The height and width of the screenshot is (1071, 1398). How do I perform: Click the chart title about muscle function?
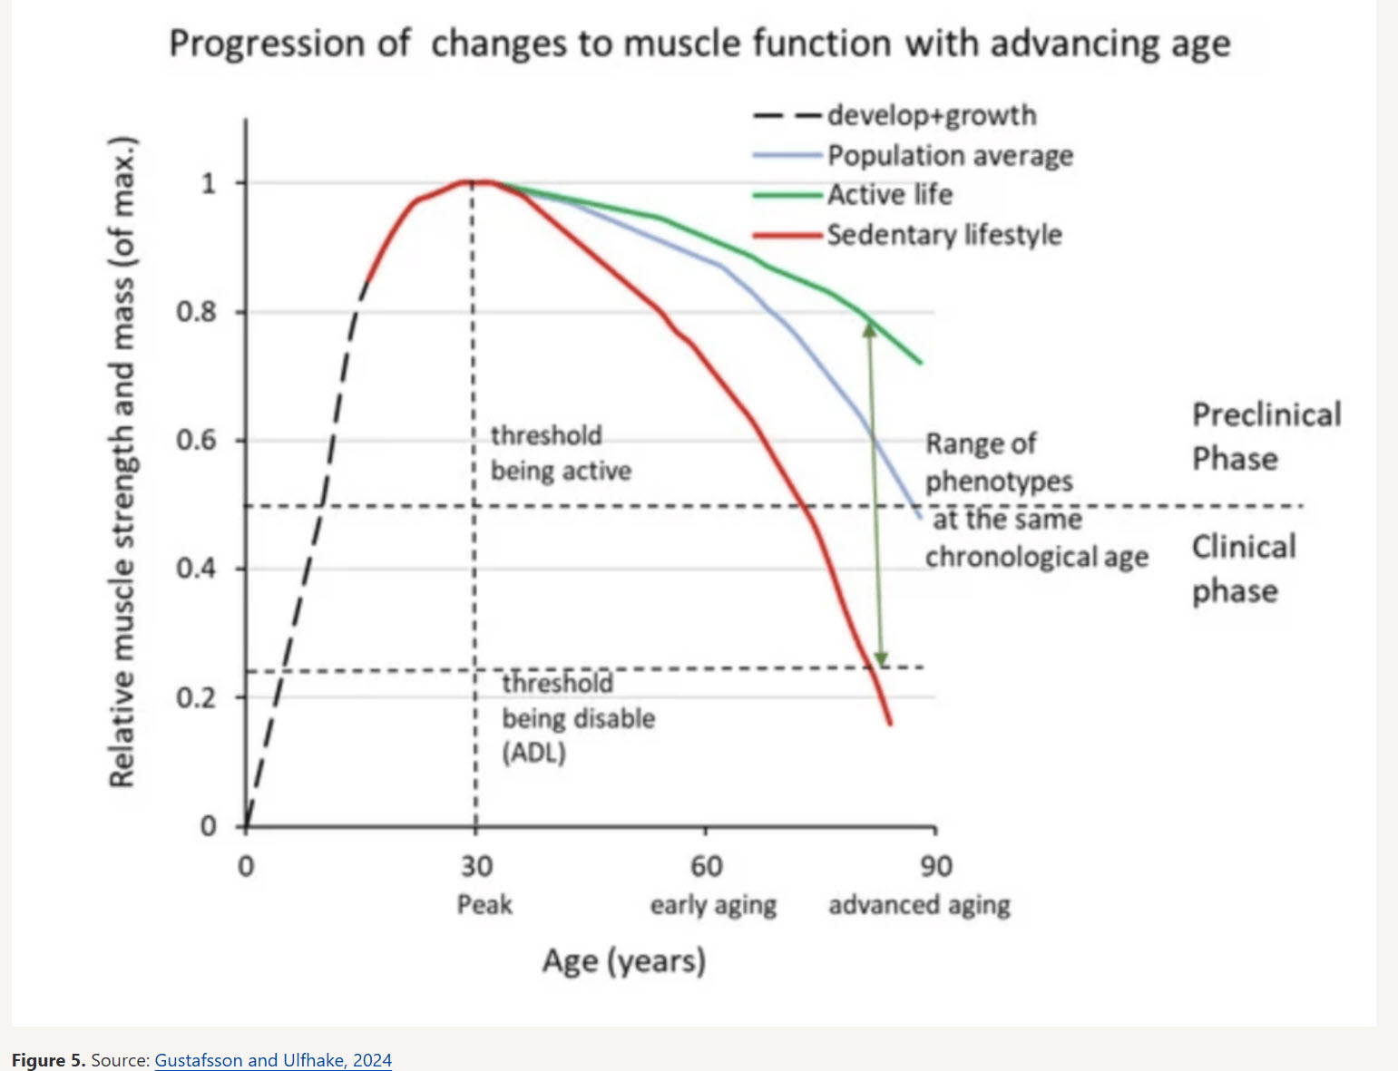(699, 44)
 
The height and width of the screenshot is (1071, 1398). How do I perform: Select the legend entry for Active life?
(889, 195)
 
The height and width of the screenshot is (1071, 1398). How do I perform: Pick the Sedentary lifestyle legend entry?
(943, 235)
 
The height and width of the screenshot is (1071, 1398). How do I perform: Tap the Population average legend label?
(950, 156)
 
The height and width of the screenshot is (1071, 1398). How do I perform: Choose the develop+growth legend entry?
(931, 115)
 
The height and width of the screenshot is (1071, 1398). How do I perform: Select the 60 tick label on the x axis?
(706, 867)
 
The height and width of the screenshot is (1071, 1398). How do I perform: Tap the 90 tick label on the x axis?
(936, 867)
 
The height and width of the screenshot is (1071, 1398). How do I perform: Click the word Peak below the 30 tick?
(484, 905)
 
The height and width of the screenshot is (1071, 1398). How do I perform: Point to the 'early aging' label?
(713, 905)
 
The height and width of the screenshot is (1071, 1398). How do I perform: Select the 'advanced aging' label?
(919, 905)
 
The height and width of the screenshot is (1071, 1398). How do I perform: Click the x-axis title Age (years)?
(624, 960)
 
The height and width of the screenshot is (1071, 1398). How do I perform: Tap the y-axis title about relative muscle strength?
(122, 462)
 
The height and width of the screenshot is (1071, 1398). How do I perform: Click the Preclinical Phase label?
(1266, 436)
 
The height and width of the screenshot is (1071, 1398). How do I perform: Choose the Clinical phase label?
(1243, 569)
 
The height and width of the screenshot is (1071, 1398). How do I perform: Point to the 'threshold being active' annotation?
(560, 453)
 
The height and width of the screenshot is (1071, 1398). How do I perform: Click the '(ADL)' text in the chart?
(533, 753)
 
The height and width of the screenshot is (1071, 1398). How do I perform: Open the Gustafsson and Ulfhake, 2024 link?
(273, 1060)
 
